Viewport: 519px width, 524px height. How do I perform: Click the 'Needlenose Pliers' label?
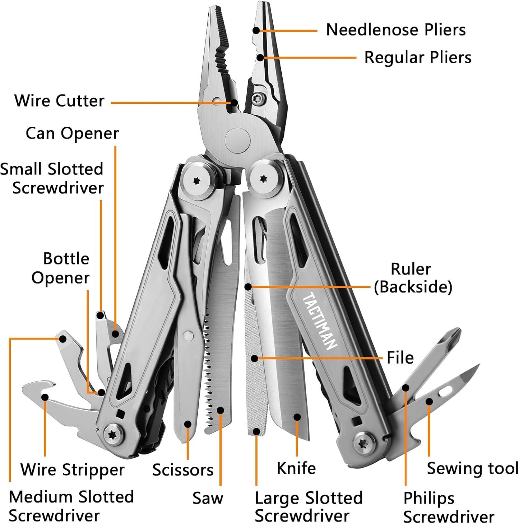395,30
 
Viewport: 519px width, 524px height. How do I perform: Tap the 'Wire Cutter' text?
59,101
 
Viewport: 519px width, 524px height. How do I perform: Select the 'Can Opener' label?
72,134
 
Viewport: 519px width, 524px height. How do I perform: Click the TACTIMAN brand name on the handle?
319,321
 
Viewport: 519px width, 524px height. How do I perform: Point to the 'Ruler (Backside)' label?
412,278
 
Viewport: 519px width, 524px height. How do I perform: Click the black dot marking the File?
254,358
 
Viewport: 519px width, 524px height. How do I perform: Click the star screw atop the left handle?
196,181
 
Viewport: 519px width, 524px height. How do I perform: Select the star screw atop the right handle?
264,179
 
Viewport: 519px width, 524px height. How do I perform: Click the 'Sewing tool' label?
472,468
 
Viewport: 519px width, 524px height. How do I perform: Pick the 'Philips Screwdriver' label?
448,507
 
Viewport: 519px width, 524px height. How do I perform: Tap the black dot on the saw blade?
221,410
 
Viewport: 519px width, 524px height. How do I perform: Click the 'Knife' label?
296,468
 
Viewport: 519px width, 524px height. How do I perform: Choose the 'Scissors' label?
183,470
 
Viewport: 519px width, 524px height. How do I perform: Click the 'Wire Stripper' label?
72,470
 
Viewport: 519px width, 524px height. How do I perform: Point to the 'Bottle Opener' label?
60,268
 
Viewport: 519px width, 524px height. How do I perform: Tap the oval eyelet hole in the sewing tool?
445,391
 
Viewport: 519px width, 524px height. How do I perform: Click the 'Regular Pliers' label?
418,57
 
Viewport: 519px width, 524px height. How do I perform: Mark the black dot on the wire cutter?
234,103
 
